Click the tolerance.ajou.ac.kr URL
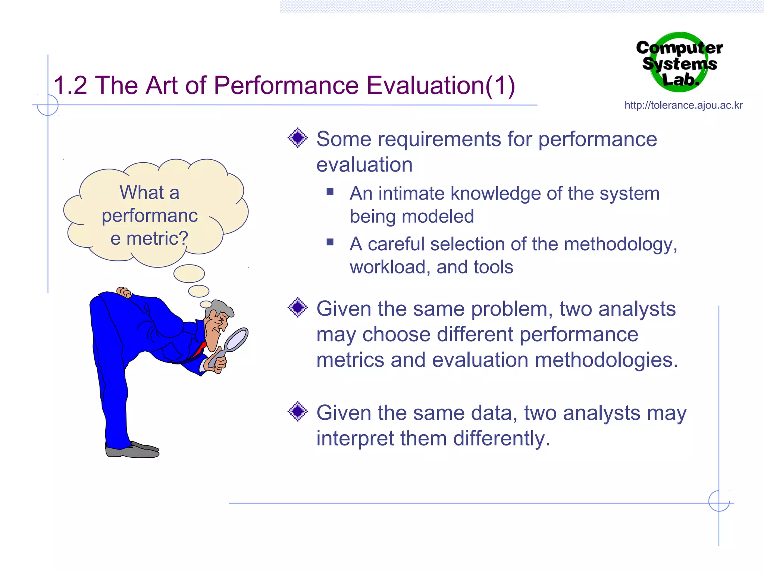[x=683, y=106]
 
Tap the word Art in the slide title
[x=163, y=85]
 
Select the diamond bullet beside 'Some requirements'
[x=298, y=138]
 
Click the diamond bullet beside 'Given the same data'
[x=298, y=411]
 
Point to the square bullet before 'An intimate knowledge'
[x=330, y=192]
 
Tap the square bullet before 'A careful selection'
[x=330, y=242]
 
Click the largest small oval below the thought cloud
[x=189, y=273]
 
